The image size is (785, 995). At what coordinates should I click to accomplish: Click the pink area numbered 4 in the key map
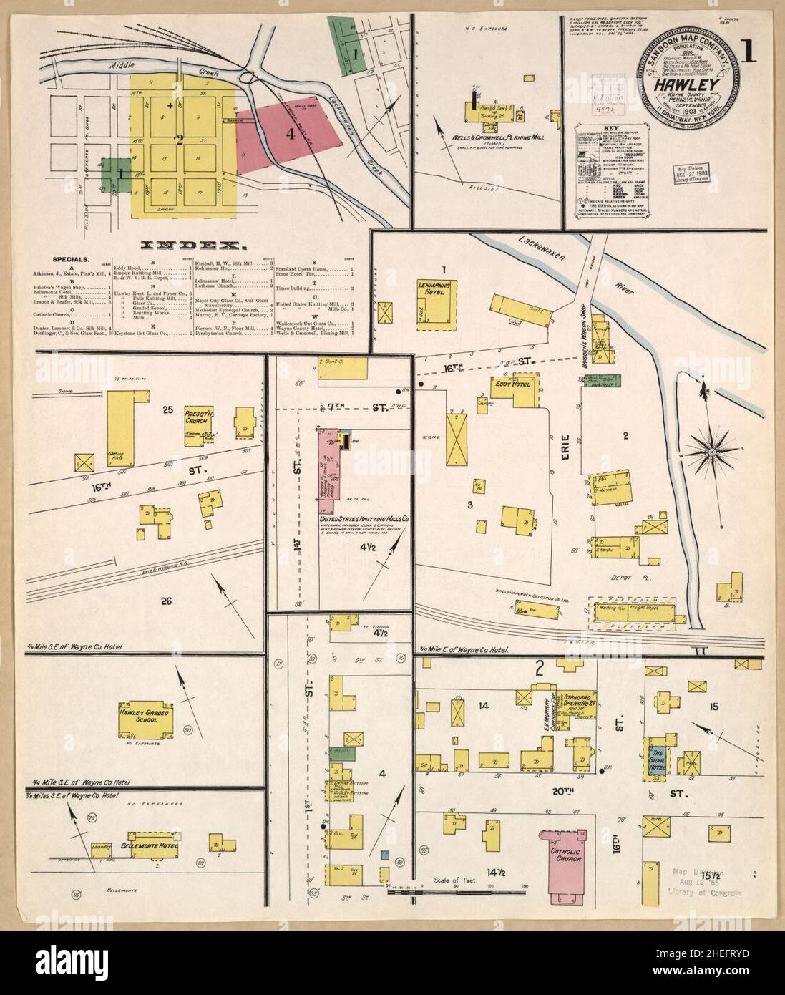click(x=290, y=135)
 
